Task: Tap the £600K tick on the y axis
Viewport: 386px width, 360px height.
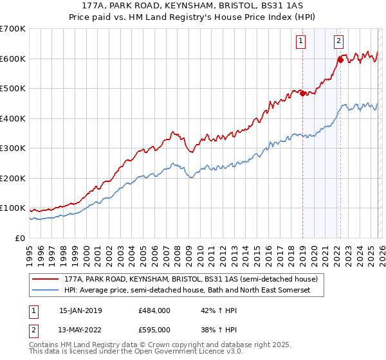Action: [x=13, y=59]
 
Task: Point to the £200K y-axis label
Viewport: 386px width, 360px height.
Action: [x=13, y=178]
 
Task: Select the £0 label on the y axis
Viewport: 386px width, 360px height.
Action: [x=21, y=238]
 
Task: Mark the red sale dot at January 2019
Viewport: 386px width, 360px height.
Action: [x=302, y=93]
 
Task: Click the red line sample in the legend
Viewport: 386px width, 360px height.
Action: [x=46, y=280]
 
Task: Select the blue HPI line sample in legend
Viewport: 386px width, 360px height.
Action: [x=46, y=291]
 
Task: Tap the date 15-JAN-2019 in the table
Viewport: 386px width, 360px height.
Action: [x=80, y=310]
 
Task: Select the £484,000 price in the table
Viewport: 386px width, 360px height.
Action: [x=154, y=310]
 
